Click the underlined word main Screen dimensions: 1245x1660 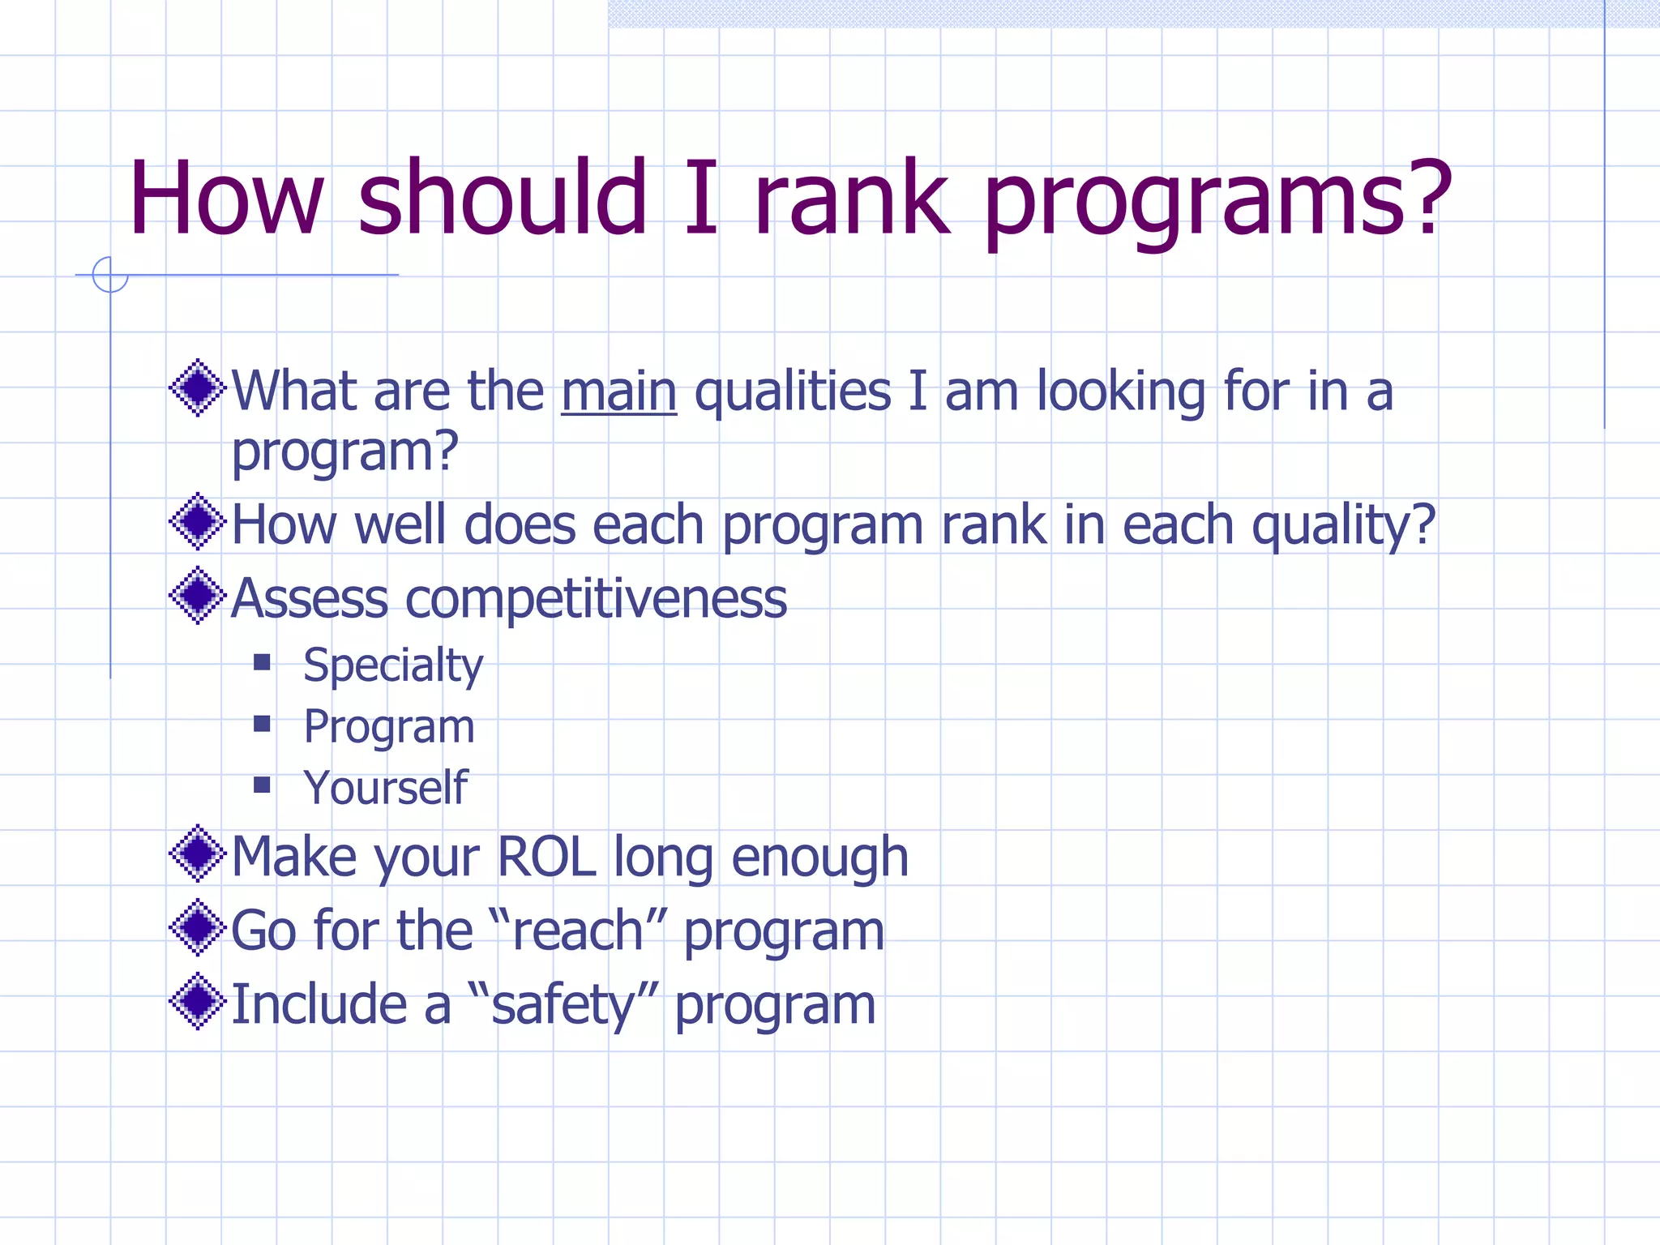click(x=618, y=392)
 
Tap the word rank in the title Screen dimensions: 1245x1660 click(x=851, y=199)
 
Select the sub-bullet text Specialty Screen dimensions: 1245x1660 click(x=393, y=666)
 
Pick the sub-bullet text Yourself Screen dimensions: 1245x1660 click(x=385, y=788)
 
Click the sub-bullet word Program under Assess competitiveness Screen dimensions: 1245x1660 click(x=389, y=727)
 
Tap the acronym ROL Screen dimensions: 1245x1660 click(x=546, y=857)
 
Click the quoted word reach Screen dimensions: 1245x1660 click(x=578, y=931)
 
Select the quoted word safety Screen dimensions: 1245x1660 click(x=563, y=1005)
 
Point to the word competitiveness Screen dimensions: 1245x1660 click(x=596, y=599)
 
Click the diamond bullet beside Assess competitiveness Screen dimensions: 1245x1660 click(x=197, y=596)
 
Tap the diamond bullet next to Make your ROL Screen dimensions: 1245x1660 click(x=197, y=854)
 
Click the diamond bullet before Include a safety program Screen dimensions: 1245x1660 click(x=197, y=1002)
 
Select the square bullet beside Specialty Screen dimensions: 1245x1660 click(x=262, y=663)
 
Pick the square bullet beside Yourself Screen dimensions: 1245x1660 click(x=262, y=785)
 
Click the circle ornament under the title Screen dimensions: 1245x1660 click(x=110, y=275)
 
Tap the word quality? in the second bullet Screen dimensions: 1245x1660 click(x=1343, y=526)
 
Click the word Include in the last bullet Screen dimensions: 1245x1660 click(x=319, y=1005)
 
